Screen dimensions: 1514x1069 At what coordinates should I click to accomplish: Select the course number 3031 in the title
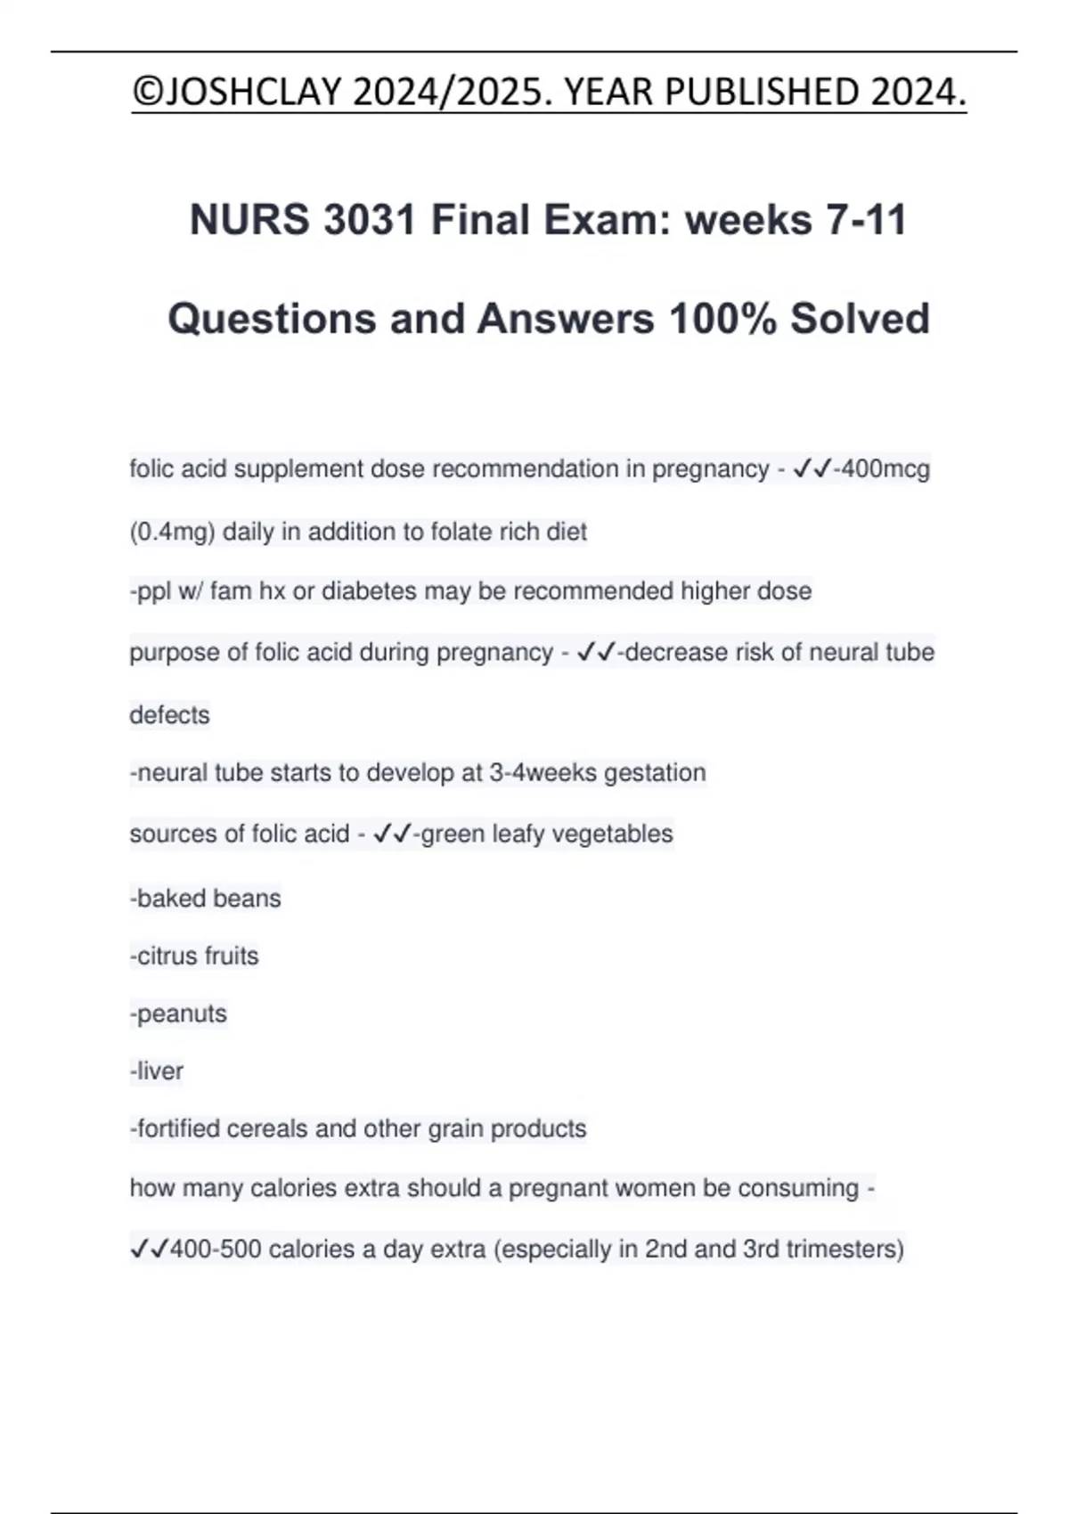[x=370, y=220]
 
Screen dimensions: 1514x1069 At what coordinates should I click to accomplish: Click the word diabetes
[x=369, y=591]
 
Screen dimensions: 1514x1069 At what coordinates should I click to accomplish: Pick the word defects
[x=169, y=715]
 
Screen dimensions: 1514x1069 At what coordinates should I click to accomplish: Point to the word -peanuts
[x=178, y=1014]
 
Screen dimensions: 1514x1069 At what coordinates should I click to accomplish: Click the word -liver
[x=157, y=1071]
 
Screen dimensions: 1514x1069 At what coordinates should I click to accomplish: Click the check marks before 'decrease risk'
[x=596, y=653]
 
